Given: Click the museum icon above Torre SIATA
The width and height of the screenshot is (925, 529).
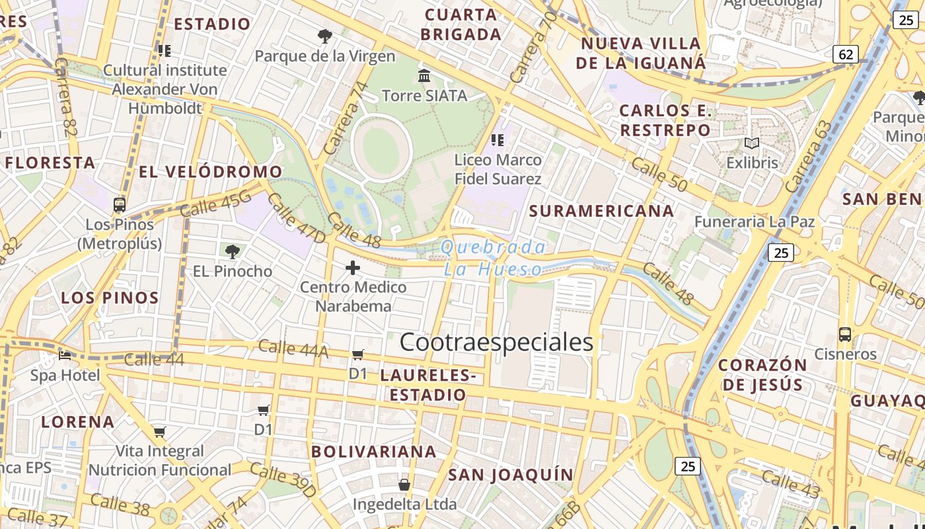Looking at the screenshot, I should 424,75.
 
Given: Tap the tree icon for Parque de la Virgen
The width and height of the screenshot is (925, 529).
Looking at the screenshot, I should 324,36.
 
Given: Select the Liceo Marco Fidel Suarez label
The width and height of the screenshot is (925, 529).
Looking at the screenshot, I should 498,169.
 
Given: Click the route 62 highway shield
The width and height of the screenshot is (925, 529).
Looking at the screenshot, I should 846,54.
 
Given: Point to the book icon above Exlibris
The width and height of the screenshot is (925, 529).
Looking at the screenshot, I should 752,143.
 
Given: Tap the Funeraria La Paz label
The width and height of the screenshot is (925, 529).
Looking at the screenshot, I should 754,222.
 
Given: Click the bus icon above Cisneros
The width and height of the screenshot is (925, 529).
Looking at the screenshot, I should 844,335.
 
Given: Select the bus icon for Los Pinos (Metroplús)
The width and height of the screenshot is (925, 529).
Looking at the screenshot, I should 120,204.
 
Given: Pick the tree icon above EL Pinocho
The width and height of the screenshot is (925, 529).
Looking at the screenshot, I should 232,251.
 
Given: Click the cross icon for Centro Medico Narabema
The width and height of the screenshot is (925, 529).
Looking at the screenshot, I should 353,268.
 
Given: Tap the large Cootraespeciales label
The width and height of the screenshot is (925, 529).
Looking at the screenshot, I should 497,342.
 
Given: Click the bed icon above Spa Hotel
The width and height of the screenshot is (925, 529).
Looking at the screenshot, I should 65,356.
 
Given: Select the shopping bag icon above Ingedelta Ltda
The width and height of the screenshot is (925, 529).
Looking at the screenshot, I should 404,485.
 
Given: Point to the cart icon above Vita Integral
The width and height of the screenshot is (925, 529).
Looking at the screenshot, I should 159,432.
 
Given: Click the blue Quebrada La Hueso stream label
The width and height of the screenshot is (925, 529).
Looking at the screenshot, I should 493,258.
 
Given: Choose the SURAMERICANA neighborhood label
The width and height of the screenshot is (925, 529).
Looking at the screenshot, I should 601,211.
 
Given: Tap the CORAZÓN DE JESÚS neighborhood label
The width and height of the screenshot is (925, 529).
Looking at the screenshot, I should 762,374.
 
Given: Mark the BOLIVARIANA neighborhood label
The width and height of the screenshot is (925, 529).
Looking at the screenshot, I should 374,452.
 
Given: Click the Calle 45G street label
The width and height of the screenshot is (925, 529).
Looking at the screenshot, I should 215,203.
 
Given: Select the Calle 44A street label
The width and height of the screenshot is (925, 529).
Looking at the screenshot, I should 293,348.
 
